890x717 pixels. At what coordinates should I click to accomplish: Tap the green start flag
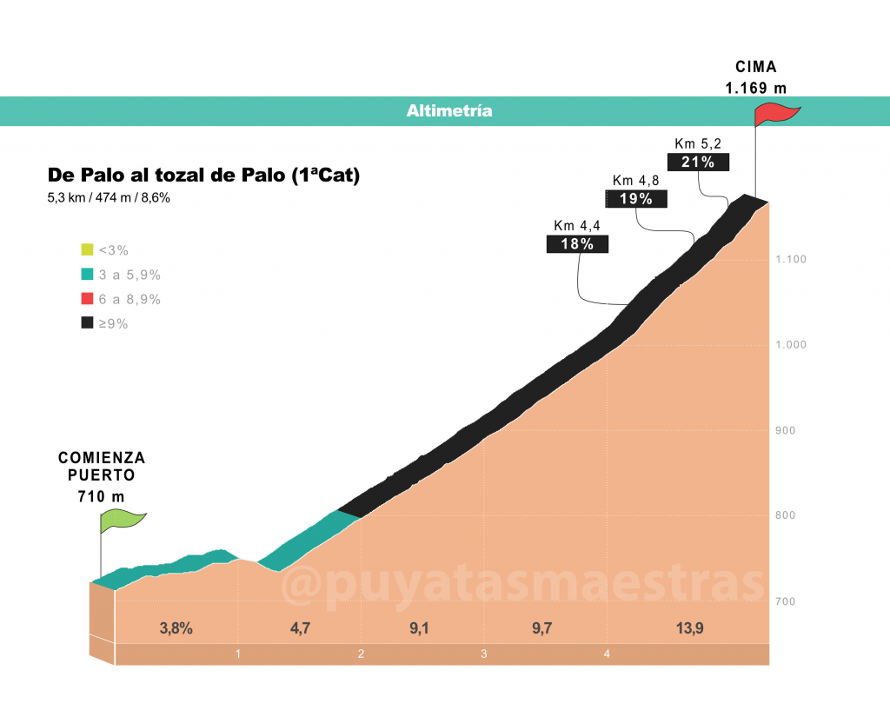pos(122,521)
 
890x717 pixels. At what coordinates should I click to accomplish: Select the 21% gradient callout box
pos(698,162)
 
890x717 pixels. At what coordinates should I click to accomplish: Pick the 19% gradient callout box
pos(635,199)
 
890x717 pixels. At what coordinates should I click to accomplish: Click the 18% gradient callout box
pos(577,244)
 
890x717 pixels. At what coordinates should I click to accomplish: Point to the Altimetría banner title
pos(449,110)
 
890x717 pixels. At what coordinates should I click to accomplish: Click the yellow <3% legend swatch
pos(87,249)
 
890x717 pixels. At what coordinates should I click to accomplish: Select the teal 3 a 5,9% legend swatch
pos(87,274)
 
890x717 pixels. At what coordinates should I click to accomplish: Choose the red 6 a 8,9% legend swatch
pos(87,299)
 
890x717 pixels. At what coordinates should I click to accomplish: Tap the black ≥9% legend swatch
pos(87,322)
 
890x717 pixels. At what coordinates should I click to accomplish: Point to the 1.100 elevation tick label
pos(791,260)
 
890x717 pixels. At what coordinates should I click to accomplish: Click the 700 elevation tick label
pos(786,601)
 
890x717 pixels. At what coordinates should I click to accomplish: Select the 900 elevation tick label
pos(786,430)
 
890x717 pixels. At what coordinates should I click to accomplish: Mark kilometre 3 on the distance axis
pos(483,654)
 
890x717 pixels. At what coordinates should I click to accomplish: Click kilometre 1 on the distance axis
pos(238,654)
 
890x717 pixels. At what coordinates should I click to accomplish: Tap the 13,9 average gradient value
pos(689,628)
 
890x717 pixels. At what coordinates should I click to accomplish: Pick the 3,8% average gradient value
pos(176,628)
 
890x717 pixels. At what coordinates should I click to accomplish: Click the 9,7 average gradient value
pos(542,628)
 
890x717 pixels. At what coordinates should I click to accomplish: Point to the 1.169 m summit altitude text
pos(756,88)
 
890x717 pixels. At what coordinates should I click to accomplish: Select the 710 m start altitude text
pos(101,497)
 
